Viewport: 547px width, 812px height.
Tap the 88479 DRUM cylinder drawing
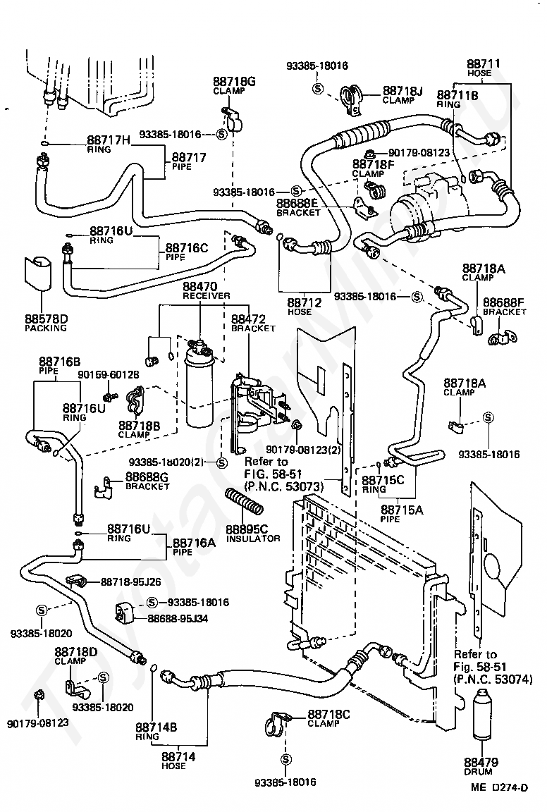[x=481, y=714]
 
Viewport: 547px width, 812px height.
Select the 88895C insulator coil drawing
[x=245, y=502]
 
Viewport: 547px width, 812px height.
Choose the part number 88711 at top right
[x=484, y=64]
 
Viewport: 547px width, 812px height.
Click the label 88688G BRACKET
[x=147, y=481]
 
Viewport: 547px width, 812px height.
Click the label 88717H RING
[x=109, y=144]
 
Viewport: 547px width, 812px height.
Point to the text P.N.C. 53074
[x=487, y=679]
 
